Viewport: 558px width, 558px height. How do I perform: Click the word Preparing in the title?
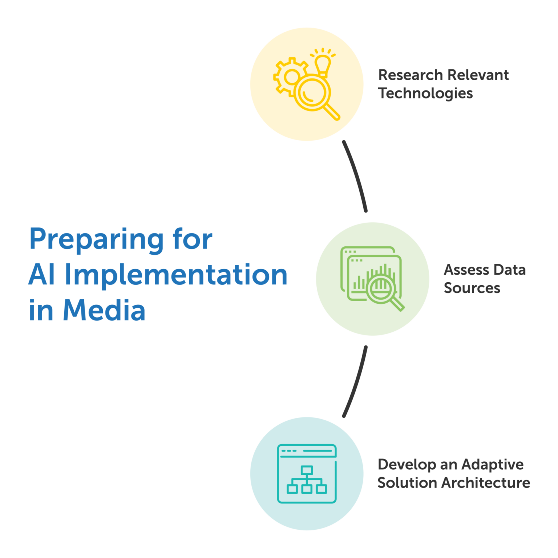click(x=97, y=240)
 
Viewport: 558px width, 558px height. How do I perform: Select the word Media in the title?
click(x=104, y=310)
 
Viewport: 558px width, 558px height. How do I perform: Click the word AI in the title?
click(x=42, y=274)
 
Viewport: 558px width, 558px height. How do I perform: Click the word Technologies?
click(x=425, y=94)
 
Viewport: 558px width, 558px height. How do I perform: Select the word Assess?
click(x=466, y=270)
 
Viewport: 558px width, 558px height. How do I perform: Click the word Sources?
click(x=472, y=288)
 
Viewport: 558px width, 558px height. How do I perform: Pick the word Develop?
click(x=407, y=465)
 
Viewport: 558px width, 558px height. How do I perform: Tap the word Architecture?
click(x=486, y=483)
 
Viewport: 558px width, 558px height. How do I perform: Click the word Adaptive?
click(x=493, y=465)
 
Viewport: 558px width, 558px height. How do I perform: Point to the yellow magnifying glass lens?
click(x=312, y=92)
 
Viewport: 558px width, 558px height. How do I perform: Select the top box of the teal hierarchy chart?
click(x=307, y=470)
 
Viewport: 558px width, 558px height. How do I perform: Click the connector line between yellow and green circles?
click(x=357, y=175)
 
